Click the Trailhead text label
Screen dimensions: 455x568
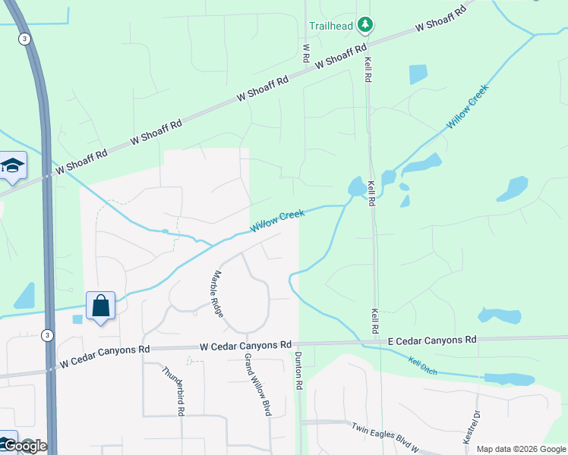330,25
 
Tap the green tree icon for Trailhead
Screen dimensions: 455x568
365,25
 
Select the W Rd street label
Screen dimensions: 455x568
306,52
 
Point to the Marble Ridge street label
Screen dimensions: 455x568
218,293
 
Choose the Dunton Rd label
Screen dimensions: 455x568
298,371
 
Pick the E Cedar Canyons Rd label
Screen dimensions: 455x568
432,340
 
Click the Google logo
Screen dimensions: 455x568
24,446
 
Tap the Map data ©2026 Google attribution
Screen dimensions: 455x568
521,449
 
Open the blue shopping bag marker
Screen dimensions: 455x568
101,306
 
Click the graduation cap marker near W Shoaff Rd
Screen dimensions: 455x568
12,166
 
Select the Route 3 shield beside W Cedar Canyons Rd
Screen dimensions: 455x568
48,334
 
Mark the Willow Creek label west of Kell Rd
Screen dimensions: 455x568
277,221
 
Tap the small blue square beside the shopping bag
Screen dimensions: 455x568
77,318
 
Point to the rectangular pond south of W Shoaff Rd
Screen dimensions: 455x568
418,74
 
